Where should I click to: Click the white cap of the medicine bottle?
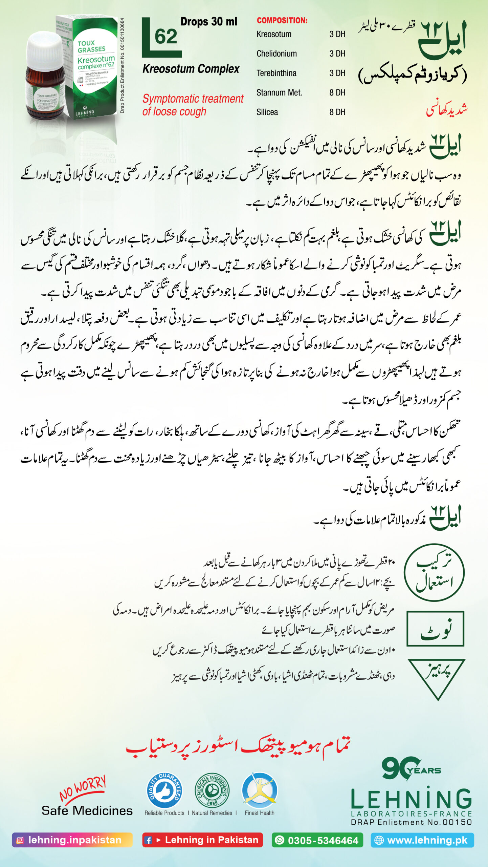tap(45, 50)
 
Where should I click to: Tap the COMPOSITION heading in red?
tap(282, 20)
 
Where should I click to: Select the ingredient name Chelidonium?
tap(276, 54)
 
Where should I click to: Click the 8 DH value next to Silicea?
tap(337, 112)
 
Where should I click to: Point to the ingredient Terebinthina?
tap(276, 73)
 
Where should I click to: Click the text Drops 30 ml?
tap(208, 22)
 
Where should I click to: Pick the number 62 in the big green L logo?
tap(166, 37)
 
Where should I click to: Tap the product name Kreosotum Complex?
tap(191, 69)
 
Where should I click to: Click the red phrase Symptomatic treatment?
tap(193, 99)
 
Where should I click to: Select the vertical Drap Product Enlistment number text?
tap(122, 65)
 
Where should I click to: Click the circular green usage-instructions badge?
tap(434, 573)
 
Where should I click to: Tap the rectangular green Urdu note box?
tap(435, 629)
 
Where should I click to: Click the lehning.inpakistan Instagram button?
tap(72, 840)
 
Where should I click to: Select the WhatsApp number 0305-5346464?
tap(317, 840)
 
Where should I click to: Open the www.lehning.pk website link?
tap(422, 840)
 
